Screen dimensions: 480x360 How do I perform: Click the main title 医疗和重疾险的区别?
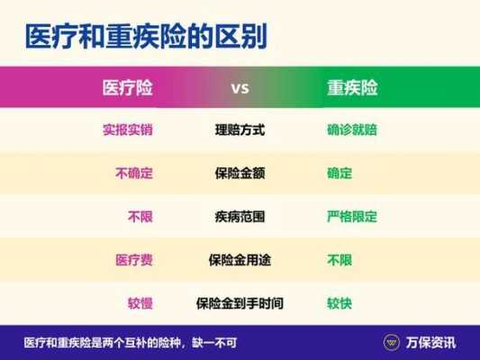(146, 37)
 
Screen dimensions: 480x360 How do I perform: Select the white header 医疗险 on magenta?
(127, 88)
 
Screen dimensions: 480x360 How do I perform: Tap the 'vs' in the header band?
(240, 88)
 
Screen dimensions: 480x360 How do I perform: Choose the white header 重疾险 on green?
(352, 88)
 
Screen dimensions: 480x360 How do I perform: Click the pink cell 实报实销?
(128, 130)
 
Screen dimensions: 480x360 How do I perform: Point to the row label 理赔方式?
(240, 130)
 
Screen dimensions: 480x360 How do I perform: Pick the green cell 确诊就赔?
(352, 130)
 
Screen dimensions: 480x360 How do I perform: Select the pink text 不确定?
(134, 173)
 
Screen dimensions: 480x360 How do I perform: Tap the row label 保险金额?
(240, 173)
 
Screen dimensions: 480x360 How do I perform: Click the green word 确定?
(340, 173)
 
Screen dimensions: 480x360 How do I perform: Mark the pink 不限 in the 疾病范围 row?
(140, 217)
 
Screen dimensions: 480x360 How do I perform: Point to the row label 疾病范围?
(240, 217)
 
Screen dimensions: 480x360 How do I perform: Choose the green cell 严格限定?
(352, 217)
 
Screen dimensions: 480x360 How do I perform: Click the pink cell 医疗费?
(134, 260)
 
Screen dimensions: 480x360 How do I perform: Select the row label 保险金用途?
(240, 260)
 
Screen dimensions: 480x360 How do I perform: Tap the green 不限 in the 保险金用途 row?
(340, 260)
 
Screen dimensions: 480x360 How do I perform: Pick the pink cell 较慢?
(140, 303)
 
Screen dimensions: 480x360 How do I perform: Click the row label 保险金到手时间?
(240, 303)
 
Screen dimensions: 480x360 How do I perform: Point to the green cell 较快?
(340, 303)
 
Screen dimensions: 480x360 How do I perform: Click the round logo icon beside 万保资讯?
(392, 342)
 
